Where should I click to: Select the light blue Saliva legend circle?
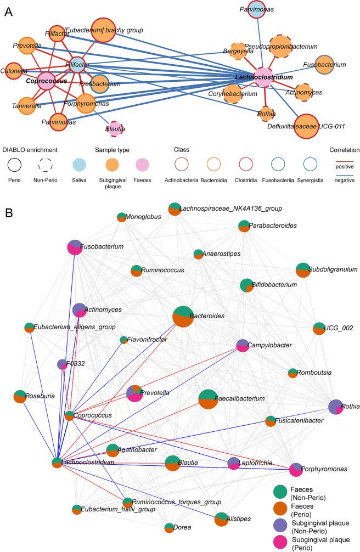coord(79,164)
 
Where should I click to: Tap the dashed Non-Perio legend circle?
coord(48,164)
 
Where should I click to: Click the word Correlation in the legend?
coord(344,149)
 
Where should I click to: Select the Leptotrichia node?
coord(234,463)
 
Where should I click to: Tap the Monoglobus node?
coord(121,217)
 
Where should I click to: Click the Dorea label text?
coord(185,527)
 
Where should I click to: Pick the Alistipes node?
coord(221,519)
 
